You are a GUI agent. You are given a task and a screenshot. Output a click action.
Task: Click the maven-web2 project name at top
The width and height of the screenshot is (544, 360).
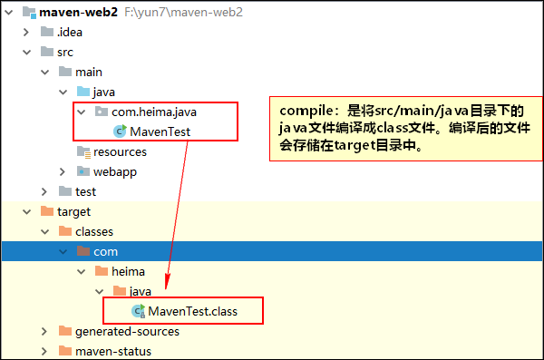point(78,13)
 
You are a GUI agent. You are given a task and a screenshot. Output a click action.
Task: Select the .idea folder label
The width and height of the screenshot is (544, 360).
point(69,33)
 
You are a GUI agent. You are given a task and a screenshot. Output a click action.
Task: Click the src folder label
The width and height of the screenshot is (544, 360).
point(64,53)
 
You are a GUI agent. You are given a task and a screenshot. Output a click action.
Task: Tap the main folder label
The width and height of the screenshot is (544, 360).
point(89,72)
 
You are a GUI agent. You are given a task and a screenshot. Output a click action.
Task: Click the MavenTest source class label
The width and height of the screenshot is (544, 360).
point(160,131)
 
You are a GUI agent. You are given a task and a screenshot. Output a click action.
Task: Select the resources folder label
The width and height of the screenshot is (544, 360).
point(120,151)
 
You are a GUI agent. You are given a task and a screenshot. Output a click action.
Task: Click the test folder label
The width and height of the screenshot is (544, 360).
point(86,191)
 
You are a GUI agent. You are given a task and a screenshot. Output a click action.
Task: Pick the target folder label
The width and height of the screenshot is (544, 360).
point(73,211)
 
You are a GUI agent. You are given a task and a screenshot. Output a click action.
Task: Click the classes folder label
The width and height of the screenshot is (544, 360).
point(94,231)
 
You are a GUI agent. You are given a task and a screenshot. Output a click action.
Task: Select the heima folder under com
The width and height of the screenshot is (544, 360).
point(128,271)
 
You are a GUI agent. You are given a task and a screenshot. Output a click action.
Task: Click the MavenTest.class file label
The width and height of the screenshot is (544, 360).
point(192,311)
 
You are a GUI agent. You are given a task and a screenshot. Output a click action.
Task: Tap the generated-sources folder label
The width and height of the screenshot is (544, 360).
point(127,331)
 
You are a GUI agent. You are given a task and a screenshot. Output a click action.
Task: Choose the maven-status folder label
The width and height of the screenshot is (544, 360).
point(113,351)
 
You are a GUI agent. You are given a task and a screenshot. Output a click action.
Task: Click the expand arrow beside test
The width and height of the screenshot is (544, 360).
point(44,191)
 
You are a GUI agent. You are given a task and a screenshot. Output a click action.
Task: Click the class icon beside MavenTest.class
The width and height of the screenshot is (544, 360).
point(138,311)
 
